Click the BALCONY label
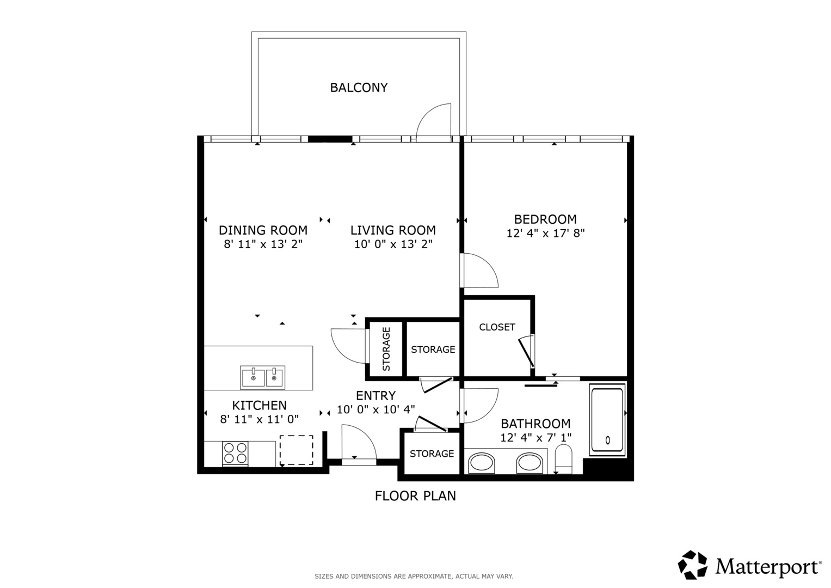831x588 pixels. pyautogui.click(x=359, y=88)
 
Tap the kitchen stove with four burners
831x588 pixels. pyautogui.click(x=235, y=453)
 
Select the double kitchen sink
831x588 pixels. pyautogui.click(x=263, y=377)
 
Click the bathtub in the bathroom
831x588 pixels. pyautogui.click(x=607, y=420)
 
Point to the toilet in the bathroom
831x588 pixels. pyautogui.click(x=563, y=459)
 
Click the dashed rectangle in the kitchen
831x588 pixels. pyautogui.click(x=296, y=450)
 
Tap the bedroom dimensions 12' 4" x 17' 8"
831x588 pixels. pyautogui.click(x=545, y=234)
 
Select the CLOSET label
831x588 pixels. pyautogui.click(x=497, y=327)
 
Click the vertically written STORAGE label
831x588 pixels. pyautogui.click(x=386, y=349)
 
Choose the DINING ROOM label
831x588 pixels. pyautogui.click(x=263, y=230)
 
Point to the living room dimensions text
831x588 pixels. pyautogui.click(x=393, y=244)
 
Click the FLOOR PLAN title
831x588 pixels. pyautogui.click(x=415, y=496)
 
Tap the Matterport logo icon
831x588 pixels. pyautogui.click(x=692, y=565)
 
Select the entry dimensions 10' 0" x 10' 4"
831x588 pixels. pyautogui.click(x=376, y=409)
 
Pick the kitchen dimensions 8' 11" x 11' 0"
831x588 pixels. pyautogui.click(x=260, y=419)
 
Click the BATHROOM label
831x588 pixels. pyautogui.click(x=535, y=424)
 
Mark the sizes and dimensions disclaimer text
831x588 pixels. pyautogui.click(x=414, y=577)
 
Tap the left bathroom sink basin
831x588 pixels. pyautogui.click(x=482, y=463)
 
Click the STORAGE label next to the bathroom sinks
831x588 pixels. pyautogui.click(x=432, y=454)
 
